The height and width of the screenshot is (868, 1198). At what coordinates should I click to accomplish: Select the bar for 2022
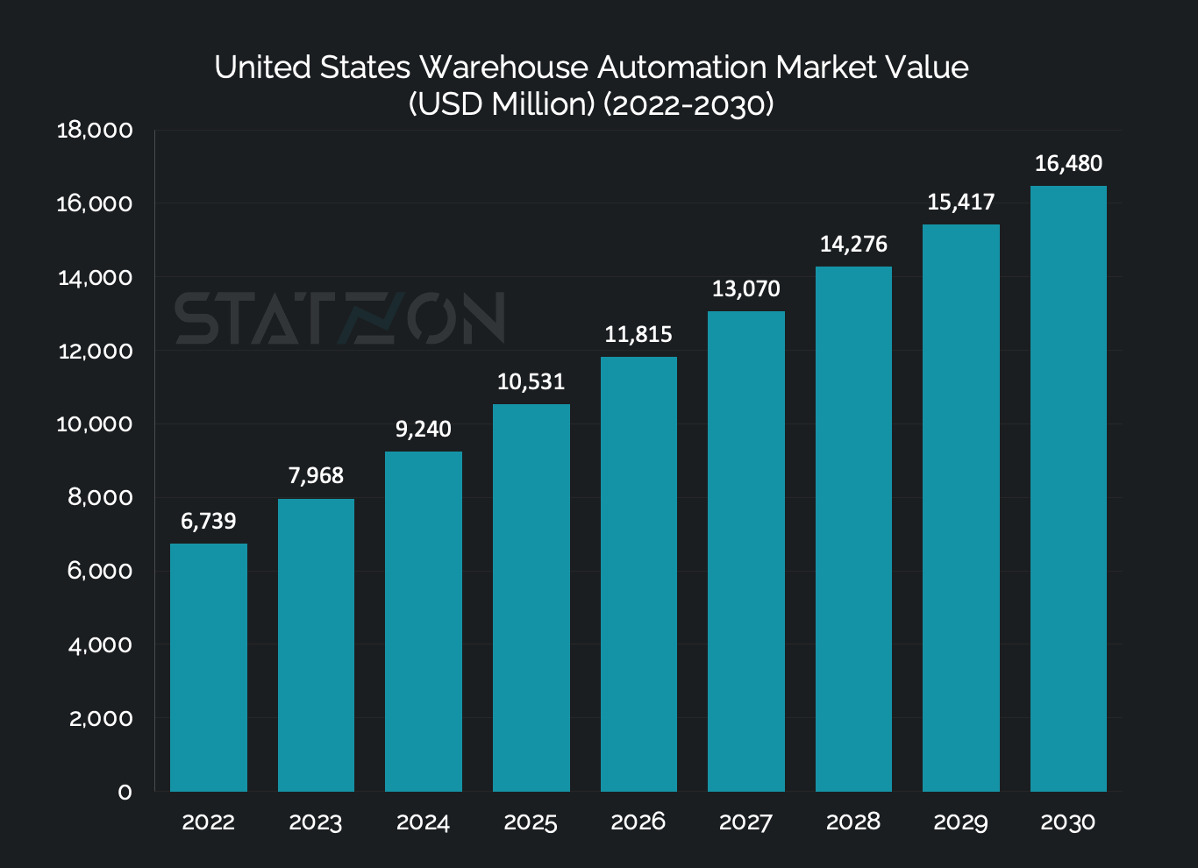pyautogui.click(x=209, y=667)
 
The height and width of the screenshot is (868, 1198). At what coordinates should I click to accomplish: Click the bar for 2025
pyautogui.click(x=531, y=597)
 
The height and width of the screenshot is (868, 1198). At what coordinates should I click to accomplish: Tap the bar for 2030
pyautogui.click(x=1068, y=488)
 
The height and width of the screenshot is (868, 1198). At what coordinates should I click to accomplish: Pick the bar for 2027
pyautogui.click(x=745, y=551)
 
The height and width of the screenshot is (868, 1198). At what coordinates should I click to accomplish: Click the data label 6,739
pyautogui.click(x=209, y=522)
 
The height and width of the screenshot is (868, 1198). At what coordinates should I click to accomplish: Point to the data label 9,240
pyautogui.click(x=424, y=430)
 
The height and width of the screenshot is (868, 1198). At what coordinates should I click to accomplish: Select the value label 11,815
pyautogui.click(x=638, y=335)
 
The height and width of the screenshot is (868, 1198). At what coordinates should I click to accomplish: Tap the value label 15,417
pyautogui.click(x=961, y=203)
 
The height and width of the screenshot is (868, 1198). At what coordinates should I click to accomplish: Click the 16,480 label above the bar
pyautogui.click(x=1068, y=164)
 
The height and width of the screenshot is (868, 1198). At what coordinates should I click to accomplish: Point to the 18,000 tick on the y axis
pyautogui.click(x=95, y=131)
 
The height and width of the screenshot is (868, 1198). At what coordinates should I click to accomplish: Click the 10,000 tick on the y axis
pyautogui.click(x=95, y=424)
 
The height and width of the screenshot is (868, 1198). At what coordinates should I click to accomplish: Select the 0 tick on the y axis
pyautogui.click(x=125, y=793)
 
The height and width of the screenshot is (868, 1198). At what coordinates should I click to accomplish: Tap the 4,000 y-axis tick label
pyautogui.click(x=100, y=645)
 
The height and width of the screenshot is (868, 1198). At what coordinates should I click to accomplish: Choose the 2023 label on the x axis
pyautogui.click(x=316, y=822)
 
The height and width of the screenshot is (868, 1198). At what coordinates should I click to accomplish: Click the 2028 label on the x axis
pyautogui.click(x=853, y=822)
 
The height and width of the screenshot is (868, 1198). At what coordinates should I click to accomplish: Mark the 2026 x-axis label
pyautogui.click(x=638, y=822)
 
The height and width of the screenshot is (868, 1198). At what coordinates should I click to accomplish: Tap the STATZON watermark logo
pyautogui.click(x=340, y=318)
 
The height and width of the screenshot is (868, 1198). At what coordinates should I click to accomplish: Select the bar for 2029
pyautogui.click(x=961, y=508)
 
